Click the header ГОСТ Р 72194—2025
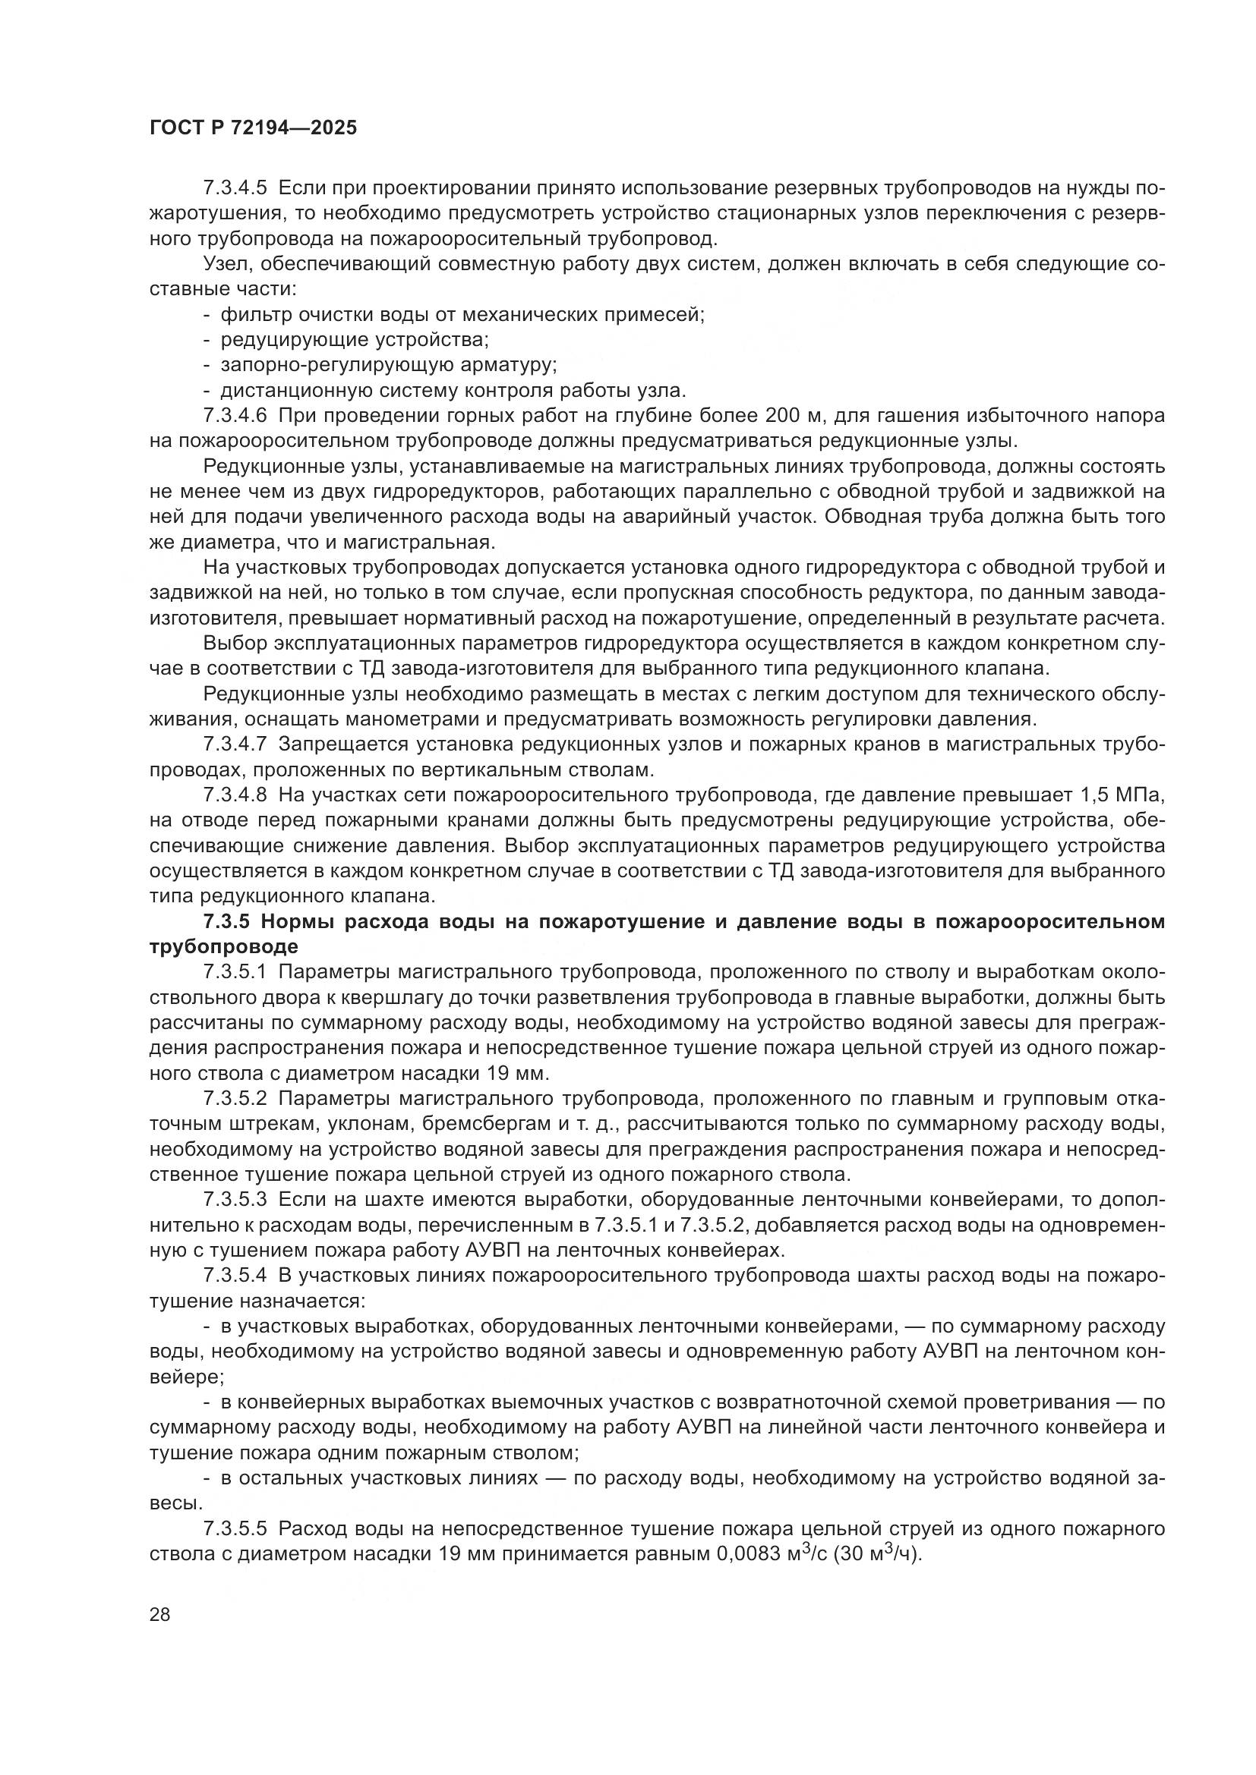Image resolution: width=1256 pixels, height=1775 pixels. point(253,128)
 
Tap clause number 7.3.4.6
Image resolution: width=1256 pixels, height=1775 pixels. point(235,416)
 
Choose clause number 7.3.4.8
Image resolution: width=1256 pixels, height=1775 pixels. point(235,795)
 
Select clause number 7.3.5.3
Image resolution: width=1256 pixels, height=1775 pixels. point(235,1200)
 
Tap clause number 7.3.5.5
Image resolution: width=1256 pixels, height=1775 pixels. point(235,1528)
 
